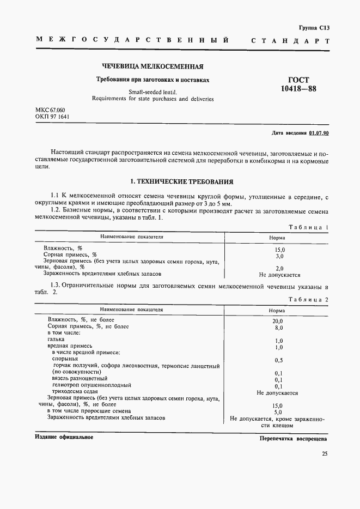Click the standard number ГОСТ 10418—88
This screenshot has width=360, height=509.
(x=301, y=84)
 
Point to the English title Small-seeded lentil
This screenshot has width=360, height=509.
(x=152, y=92)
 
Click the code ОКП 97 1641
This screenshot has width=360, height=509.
(x=52, y=117)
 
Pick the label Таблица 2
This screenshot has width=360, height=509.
(x=308, y=300)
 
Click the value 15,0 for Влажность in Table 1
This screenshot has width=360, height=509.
(x=280, y=249)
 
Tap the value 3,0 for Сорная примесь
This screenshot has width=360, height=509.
(x=280, y=256)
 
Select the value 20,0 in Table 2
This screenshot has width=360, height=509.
(x=278, y=322)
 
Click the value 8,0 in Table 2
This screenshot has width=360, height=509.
(x=278, y=328)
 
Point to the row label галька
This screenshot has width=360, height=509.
(x=56, y=339)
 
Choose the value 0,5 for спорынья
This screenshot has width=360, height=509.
(x=278, y=360)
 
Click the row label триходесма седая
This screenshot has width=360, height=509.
(x=75, y=391)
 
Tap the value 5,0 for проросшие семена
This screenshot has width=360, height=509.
(x=278, y=412)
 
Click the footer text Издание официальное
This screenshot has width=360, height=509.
(x=64, y=438)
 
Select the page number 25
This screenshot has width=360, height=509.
(x=325, y=453)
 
